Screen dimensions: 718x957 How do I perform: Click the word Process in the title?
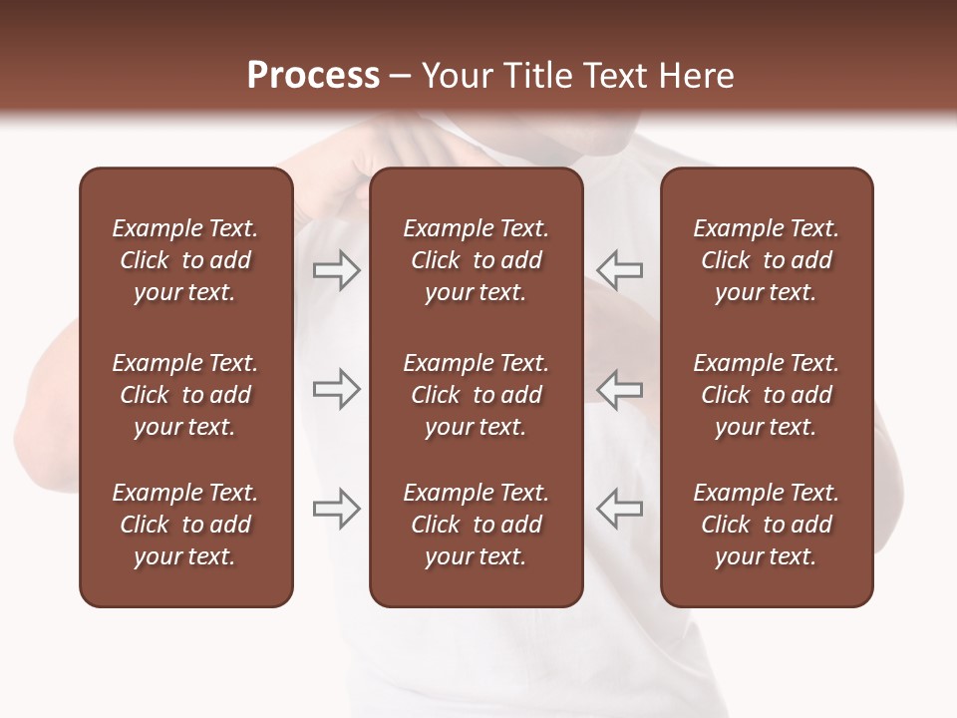pos(313,76)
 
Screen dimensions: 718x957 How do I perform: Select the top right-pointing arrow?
pos(337,270)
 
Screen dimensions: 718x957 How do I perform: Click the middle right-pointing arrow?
pos(337,389)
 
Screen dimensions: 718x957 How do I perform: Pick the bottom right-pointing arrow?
pos(337,509)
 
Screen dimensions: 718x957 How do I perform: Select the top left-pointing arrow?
pos(619,270)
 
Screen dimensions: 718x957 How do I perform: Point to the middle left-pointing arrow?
pos(619,389)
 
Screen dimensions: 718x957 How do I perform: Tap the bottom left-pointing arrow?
pos(619,509)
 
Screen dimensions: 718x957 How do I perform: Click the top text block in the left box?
pos(185,260)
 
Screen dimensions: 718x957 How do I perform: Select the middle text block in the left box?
pos(185,395)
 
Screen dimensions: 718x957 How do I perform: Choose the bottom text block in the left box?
pos(185,525)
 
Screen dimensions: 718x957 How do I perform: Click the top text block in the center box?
pos(477,260)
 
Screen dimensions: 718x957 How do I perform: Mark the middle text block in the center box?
pos(477,395)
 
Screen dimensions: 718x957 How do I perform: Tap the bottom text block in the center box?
pos(477,525)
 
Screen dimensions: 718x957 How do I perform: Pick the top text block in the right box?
pos(767,260)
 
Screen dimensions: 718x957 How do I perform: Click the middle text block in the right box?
pos(767,395)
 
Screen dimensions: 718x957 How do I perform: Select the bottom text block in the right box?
pos(767,525)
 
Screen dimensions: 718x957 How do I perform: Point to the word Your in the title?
pos(455,76)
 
